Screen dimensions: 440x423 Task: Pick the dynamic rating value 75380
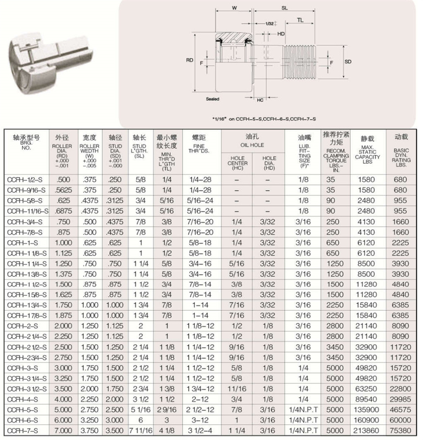400,430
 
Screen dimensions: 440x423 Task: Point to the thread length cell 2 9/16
167,409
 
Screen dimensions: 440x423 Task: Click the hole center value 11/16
238,388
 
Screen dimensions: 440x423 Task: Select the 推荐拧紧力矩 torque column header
336,137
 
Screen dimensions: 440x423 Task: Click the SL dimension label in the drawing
285,8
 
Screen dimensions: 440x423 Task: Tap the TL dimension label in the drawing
300,20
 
